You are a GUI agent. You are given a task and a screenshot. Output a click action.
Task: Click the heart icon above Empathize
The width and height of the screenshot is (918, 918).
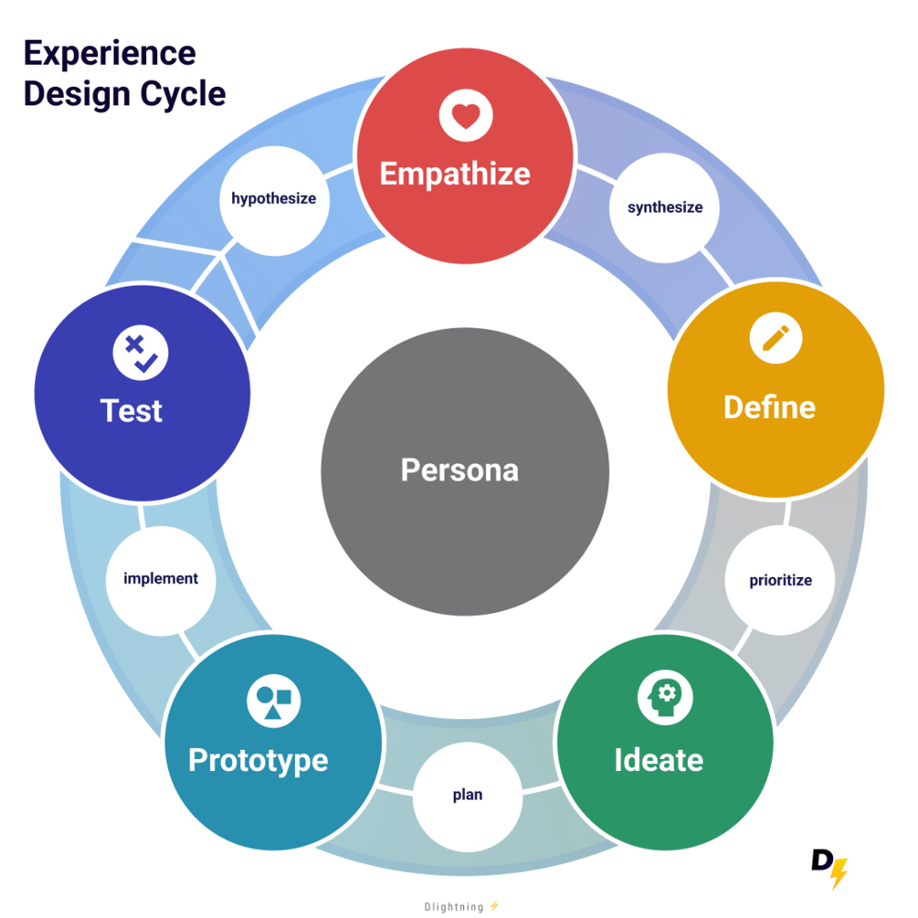coord(466,116)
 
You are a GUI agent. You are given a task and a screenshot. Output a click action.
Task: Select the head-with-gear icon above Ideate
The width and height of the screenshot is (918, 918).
coord(665,699)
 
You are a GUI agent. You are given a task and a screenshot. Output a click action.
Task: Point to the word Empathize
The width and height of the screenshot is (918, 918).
coord(455,174)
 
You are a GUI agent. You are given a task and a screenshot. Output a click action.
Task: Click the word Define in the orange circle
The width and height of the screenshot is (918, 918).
coord(769,407)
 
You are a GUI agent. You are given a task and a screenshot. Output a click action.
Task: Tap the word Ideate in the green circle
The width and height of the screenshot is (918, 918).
coord(659,760)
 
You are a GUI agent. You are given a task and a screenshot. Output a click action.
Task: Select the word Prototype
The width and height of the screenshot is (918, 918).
coord(258,760)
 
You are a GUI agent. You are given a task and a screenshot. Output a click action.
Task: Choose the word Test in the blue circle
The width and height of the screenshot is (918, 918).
coord(132,411)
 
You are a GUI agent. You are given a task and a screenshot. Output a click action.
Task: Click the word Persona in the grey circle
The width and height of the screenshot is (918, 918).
coord(459,470)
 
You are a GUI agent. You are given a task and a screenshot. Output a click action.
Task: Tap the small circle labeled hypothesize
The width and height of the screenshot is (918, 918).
coord(273,198)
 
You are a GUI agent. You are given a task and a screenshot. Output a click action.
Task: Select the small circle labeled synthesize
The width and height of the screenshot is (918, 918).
coord(665,207)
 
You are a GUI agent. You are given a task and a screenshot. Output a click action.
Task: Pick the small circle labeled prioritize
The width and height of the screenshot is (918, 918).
coord(780,580)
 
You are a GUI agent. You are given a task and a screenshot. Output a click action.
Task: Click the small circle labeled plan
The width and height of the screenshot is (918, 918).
coord(468,795)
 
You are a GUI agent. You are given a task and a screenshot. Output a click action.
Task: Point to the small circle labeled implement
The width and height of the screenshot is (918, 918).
coord(161,578)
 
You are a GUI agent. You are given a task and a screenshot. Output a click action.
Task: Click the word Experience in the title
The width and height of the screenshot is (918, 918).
coord(110,53)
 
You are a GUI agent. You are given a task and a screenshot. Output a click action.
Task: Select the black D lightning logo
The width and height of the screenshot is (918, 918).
coord(829,869)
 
